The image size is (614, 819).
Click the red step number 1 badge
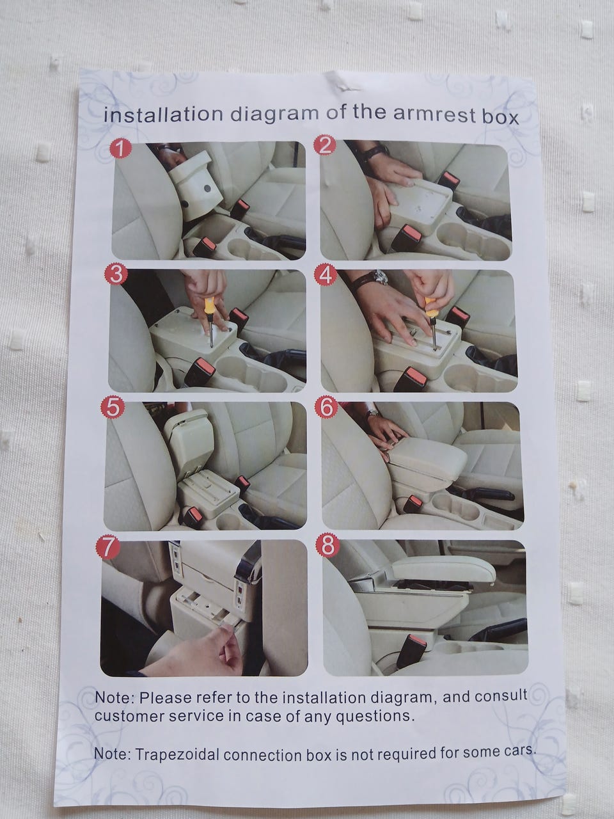120,150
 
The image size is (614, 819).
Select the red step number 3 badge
116,274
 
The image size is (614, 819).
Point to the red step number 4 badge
325,276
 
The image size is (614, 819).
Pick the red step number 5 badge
113,408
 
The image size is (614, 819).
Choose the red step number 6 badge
326,408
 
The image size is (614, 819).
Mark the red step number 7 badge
107,548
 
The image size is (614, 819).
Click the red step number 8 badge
327,546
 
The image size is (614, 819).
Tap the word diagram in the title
275,115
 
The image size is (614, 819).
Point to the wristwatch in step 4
371,278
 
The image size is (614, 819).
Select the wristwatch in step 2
375,151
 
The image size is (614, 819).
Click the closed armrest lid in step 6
428,458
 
